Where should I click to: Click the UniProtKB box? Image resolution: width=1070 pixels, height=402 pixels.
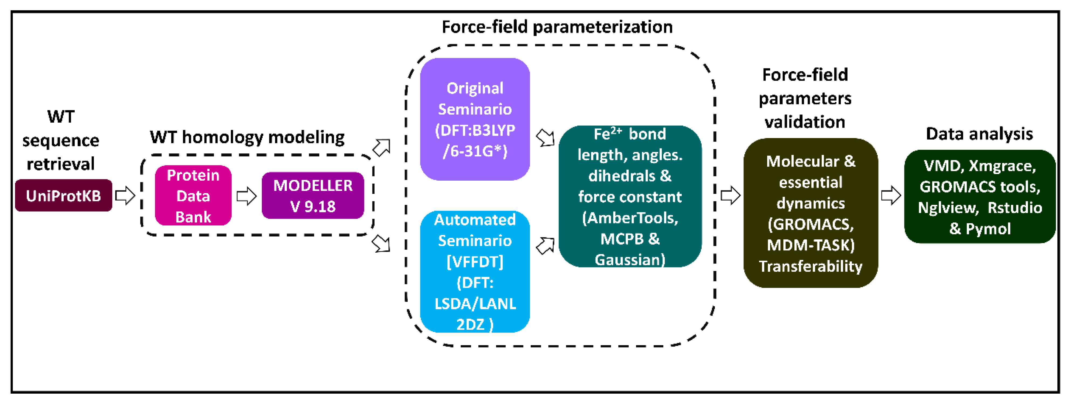click(x=64, y=195)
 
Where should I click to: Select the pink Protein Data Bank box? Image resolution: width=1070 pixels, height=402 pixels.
click(x=193, y=195)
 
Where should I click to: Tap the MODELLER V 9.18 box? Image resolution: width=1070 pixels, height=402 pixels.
click(x=313, y=195)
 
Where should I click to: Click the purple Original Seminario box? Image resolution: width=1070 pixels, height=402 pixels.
click(x=475, y=119)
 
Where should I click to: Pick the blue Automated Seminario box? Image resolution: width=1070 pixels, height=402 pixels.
click(x=475, y=272)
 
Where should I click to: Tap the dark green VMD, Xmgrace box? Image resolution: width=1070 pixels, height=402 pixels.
click(x=980, y=197)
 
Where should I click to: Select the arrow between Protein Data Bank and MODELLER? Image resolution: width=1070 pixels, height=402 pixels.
click(x=246, y=195)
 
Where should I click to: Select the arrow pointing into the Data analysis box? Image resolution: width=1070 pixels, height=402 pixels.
click(x=891, y=195)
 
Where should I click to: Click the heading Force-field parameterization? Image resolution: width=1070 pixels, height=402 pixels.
click(x=557, y=27)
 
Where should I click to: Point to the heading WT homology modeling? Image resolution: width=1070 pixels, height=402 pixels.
click(x=247, y=137)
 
